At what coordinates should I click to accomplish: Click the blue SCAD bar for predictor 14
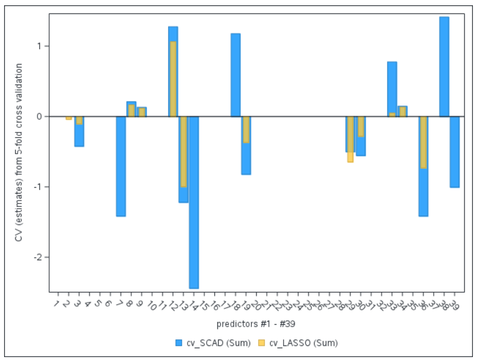tap(193, 202)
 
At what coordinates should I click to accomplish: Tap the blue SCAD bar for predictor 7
tap(121, 166)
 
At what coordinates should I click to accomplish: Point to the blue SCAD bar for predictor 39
tap(455, 152)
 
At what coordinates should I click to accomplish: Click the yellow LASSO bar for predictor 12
tap(173, 79)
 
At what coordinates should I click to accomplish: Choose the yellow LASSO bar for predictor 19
tap(246, 130)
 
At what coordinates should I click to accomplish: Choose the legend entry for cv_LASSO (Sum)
tap(298, 343)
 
